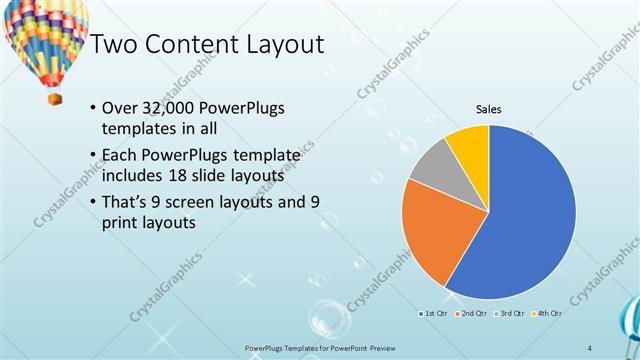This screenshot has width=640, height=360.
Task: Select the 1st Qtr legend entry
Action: tap(433, 314)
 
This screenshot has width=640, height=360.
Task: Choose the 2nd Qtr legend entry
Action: tap(470, 314)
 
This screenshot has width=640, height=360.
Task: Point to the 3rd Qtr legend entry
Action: tap(508, 314)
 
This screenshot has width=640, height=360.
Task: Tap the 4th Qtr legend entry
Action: tap(546, 314)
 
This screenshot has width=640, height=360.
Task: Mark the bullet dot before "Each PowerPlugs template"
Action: tap(93, 155)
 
